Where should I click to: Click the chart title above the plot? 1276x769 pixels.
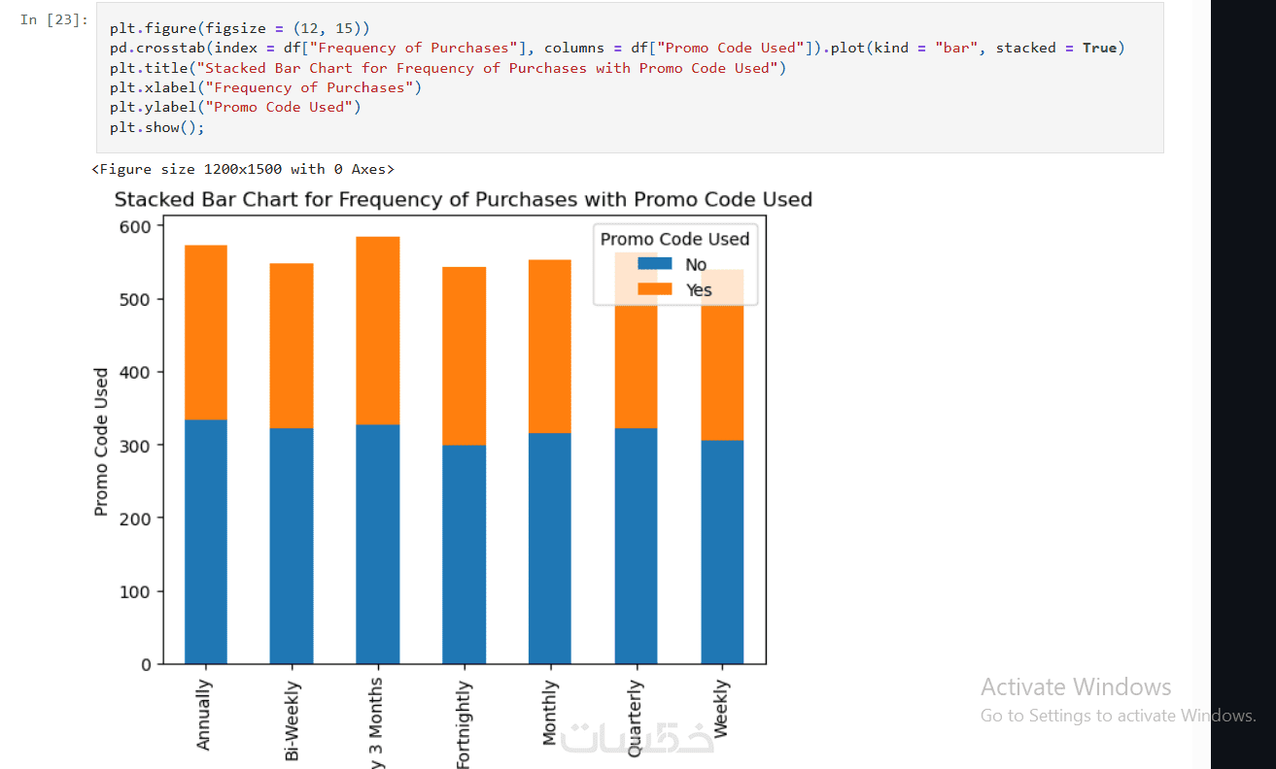pos(463,200)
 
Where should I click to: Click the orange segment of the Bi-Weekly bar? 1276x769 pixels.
pos(292,346)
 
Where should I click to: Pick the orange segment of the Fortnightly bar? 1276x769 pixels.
pos(464,355)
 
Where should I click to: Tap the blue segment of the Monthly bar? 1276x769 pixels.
pos(550,549)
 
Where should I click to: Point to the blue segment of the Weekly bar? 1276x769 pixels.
pos(722,552)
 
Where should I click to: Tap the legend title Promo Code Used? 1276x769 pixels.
pos(674,239)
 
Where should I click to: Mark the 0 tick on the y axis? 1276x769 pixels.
pos(147,665)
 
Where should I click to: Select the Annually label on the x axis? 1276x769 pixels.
pos(204,715)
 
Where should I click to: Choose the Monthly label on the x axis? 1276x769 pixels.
pos(550,713)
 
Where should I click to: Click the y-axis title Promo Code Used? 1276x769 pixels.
pos(101,442)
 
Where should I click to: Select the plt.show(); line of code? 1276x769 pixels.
pos(157,127)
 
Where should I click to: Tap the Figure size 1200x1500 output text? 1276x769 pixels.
pos(243,169)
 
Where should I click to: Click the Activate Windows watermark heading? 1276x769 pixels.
pos(1076,687)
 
